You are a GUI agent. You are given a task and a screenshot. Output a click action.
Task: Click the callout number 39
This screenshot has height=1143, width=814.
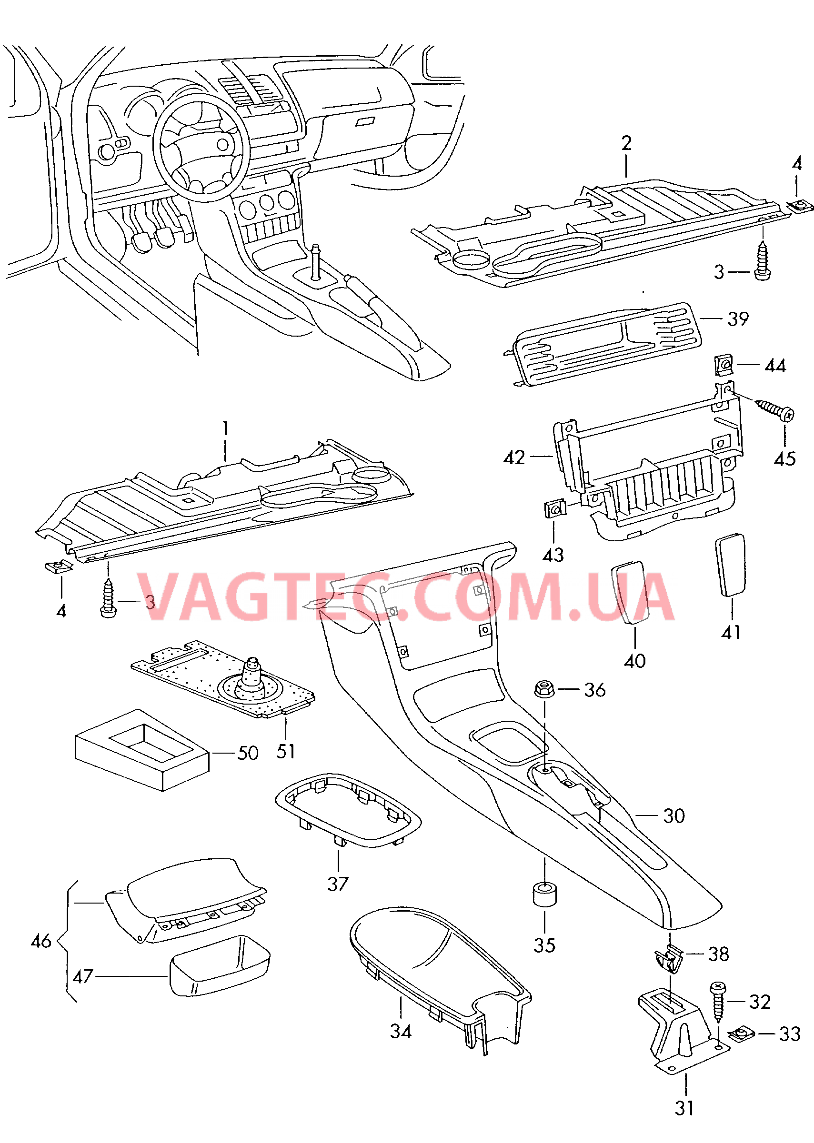(x=738, y=319)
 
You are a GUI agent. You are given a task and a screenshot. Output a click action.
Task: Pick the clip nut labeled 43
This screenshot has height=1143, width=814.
(x=554, y=509)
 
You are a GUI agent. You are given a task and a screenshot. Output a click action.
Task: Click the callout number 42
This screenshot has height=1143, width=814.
(x=514, y=457)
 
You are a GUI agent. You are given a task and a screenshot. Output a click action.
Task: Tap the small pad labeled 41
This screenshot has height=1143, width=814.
(x=731, y=565)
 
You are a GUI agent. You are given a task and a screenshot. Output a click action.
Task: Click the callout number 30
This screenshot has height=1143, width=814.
(x=673, y=816)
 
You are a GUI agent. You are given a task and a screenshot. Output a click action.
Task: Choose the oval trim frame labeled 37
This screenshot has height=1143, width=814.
(x=348, y=810)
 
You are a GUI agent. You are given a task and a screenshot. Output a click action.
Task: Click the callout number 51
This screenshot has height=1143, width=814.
(x=286, y=751)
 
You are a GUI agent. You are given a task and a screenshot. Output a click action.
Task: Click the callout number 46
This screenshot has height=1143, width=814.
(x=41, y=941)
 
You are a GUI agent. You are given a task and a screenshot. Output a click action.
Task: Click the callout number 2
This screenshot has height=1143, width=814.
(x=626, y=144)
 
